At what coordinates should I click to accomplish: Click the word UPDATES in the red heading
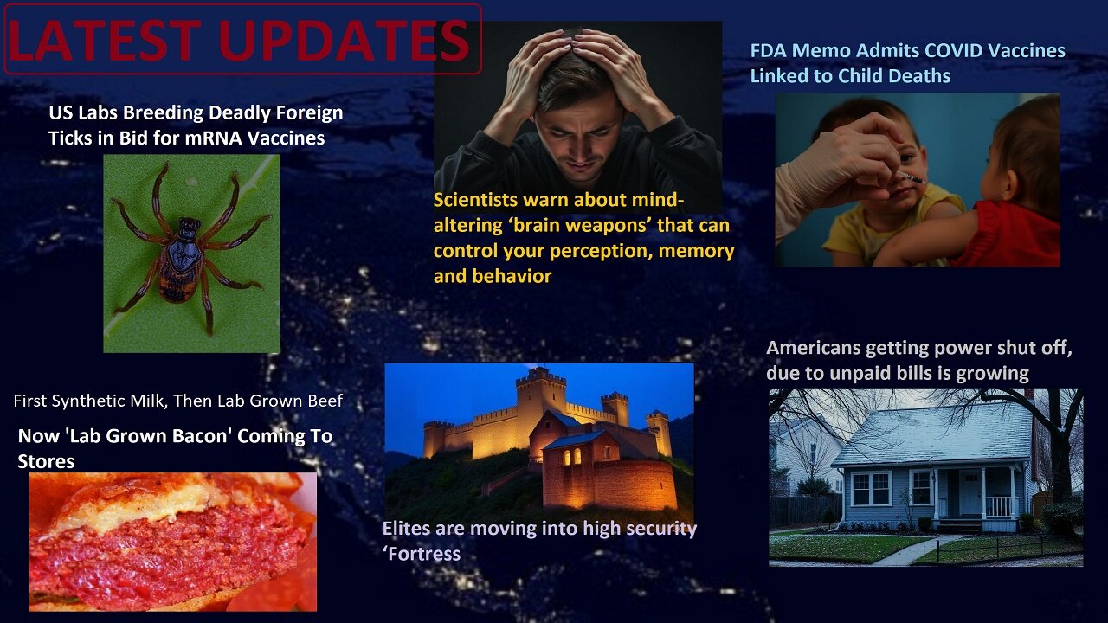[x=351, y=40]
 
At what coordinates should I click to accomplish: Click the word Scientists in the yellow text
[x=479, y=200]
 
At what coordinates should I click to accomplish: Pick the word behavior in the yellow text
[x=514, y=276]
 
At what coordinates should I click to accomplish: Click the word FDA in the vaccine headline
[x=769, y=50]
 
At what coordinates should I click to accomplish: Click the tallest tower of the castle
[x=540, y=407]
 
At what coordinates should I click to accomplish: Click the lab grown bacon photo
[x=172, y=542]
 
